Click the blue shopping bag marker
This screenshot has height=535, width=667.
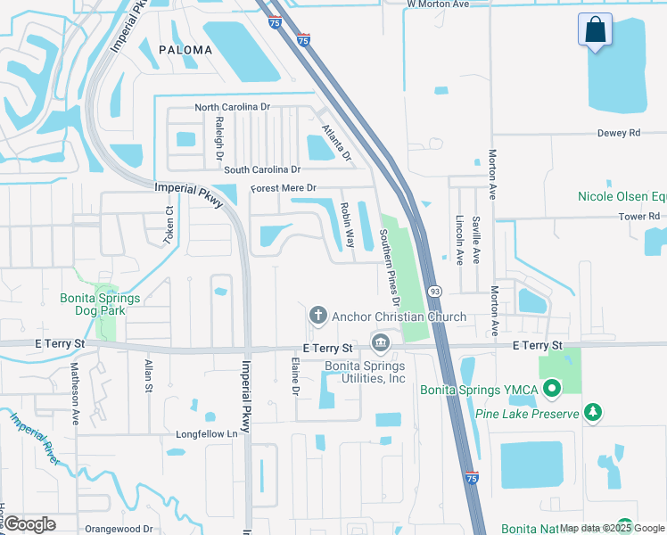595,29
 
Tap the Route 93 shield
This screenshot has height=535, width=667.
434,292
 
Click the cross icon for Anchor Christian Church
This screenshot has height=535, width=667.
317,316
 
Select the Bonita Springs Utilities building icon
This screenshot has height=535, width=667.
381,343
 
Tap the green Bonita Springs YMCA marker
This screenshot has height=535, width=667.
551,387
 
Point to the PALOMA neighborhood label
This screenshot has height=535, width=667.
185,50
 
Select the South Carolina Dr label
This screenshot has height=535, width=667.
262,169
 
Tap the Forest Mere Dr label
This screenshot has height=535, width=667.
284,188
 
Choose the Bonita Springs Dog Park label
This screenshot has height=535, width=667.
94,304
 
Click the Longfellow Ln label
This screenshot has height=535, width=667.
209,434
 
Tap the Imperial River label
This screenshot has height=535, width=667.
35,438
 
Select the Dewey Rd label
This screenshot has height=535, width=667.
622,133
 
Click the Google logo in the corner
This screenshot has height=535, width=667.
30,523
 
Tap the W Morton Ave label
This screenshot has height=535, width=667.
438,4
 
